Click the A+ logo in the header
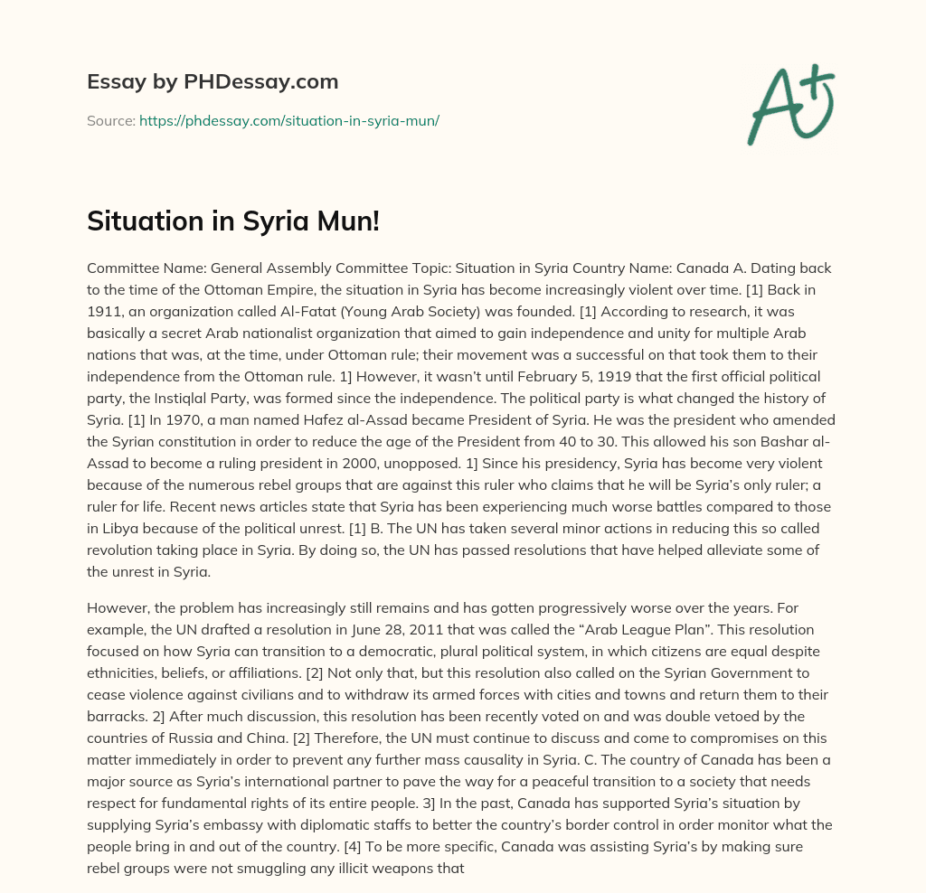(790, 103)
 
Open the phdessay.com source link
(288, 120)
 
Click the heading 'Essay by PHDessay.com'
(213, 82)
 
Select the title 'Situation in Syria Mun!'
(233, 221)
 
